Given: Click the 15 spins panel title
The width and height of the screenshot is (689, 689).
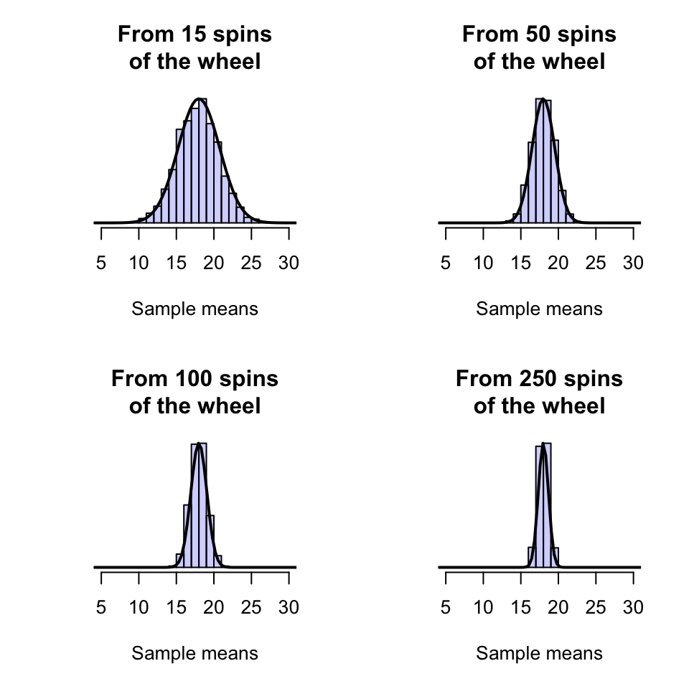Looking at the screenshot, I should pos(194,47).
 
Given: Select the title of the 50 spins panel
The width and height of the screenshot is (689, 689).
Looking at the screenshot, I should pos(539,47).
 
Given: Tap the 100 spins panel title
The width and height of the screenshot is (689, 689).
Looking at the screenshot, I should pos(194,392).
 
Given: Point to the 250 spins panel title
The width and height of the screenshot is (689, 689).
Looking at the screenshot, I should pos(539,392).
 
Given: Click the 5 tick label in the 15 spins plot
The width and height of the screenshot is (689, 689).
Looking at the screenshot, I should pos(101,263).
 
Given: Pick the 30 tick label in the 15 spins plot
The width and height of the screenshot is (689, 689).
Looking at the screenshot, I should pos(289,263).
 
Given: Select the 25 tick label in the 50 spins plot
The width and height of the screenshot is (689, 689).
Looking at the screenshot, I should pos(596,263).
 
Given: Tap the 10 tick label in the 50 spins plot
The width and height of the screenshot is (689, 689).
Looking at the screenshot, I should pos(484,263).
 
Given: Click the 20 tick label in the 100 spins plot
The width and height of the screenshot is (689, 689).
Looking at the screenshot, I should pos(214,607).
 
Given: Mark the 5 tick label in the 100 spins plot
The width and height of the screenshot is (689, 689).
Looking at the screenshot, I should pos(101,607).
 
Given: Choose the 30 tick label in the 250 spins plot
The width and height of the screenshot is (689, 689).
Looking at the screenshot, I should pos(633,607).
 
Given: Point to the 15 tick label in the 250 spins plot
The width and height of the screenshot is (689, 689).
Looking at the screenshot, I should pos(521,607).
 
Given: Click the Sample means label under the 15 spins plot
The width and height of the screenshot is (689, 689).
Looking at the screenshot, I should pos(194,309).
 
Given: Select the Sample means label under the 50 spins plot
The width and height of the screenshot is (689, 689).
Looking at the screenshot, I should pos(539,309).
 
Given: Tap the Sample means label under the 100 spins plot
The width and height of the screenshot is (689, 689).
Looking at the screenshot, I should pos(194,654).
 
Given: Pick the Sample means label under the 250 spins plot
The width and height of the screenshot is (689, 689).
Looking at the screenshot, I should pos(539,654).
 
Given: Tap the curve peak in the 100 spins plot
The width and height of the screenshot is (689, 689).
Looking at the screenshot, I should pos(199,444).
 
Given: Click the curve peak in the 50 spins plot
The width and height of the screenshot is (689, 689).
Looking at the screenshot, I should pos(543,99).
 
